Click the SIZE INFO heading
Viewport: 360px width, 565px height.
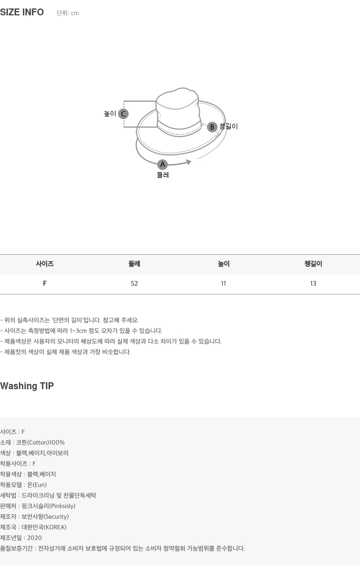(x=22, y=12)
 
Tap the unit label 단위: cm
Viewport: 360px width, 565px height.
(x=67, y=13)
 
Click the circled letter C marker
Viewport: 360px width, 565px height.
(x=123, y=114)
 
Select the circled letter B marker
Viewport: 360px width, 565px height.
(x=212, y=127)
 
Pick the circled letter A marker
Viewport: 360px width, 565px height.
(x=163, y=164)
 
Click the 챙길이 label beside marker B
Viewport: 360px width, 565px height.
(x=229, y=126)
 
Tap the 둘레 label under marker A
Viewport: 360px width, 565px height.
(x=163, y=175)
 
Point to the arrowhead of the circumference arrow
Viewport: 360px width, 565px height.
(x=188, y=162)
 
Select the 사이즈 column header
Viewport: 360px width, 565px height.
(x=44, y=264)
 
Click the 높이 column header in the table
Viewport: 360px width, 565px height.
(x=224, y=264)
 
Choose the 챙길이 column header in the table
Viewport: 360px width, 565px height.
(x=313, y=264)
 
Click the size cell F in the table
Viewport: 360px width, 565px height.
(x=44, y=283)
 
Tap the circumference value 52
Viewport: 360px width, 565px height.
(x=134, y=284)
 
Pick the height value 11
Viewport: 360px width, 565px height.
(x=223, y=284)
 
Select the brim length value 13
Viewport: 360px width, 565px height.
(x=313, y=284)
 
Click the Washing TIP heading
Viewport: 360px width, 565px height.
(x=27, y=386)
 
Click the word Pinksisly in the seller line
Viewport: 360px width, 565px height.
(x=62, y=506)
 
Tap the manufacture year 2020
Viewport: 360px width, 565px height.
(x=34, y=538)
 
